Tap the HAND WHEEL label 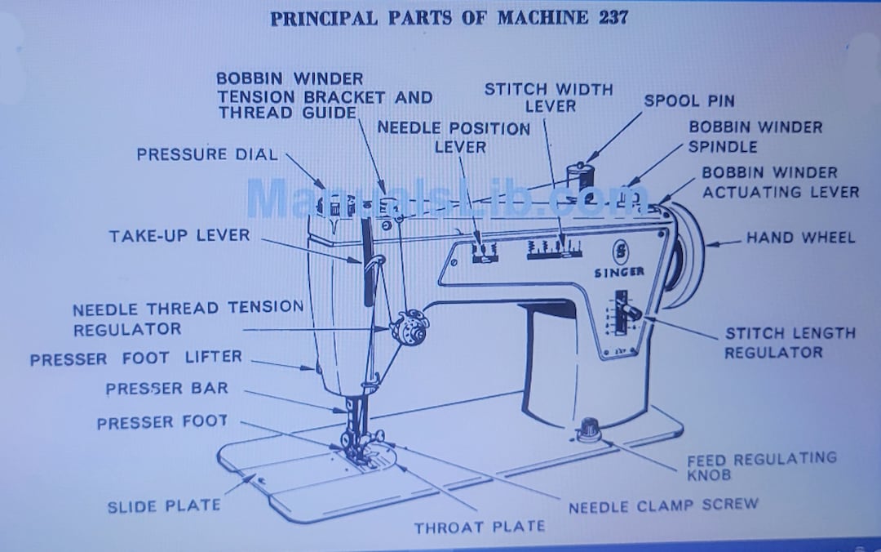[800, 238]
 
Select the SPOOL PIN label [688, 101]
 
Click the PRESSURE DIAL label [207, 154]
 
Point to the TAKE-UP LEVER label [179, 236]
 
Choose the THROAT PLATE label [479, 528]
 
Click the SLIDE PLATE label [164, 506]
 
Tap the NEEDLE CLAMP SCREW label [662, 505]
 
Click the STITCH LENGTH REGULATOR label [778, 343]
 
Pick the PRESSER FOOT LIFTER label [136, 358]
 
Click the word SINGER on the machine [620, 272]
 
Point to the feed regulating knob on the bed [587, 429]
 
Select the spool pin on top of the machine [578, 176]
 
